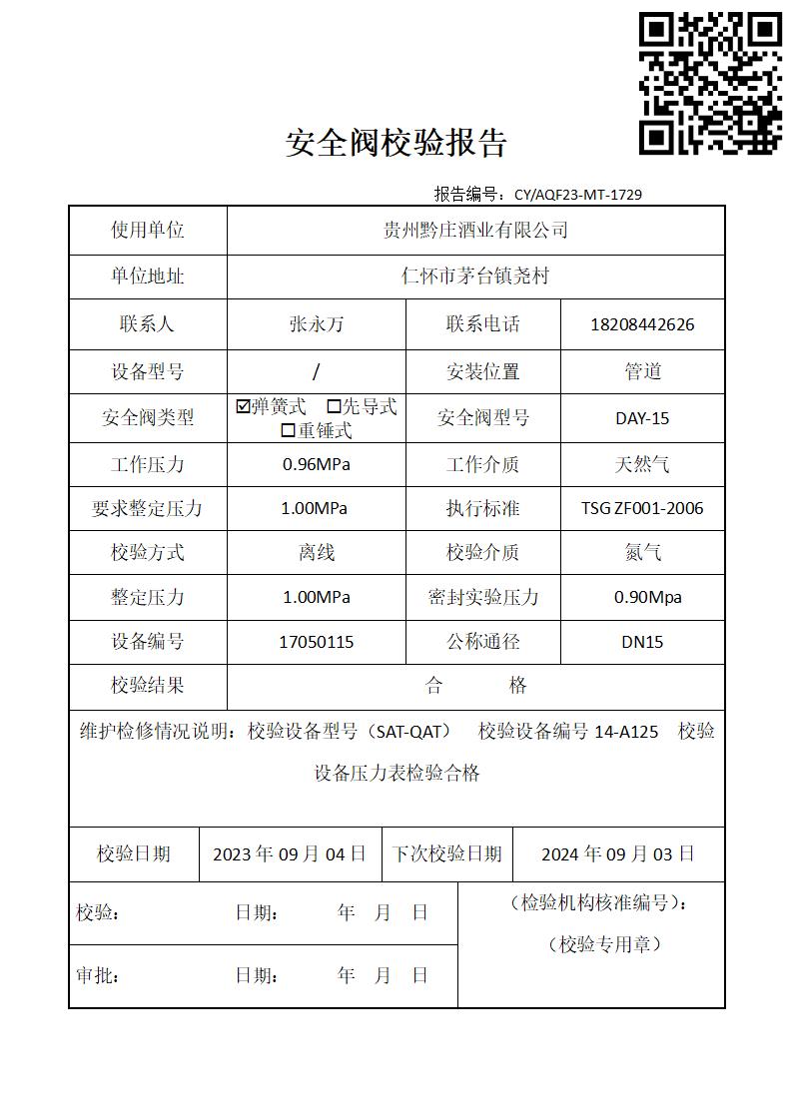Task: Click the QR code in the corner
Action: click(710, 83)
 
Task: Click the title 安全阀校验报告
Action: click(396, 144)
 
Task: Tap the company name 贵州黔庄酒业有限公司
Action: click(475, 231)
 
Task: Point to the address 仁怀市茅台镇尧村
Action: click(475, 277)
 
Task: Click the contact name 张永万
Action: click(317, 324)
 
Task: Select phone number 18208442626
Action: click(642, 324)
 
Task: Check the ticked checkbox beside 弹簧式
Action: click(243, 407)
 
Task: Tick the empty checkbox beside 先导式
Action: click(335, 407)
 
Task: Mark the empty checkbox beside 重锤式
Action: click(288, 431)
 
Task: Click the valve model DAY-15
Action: click(642, 418)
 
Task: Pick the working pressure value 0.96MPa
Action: click(317, 464)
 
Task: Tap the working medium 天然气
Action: click(642, 464)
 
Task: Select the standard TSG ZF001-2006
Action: click(642, 508)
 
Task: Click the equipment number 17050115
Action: click(317, 642)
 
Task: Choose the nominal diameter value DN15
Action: click(642, 642)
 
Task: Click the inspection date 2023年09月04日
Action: click(290, 854)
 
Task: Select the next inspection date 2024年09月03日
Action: click(618, 854)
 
